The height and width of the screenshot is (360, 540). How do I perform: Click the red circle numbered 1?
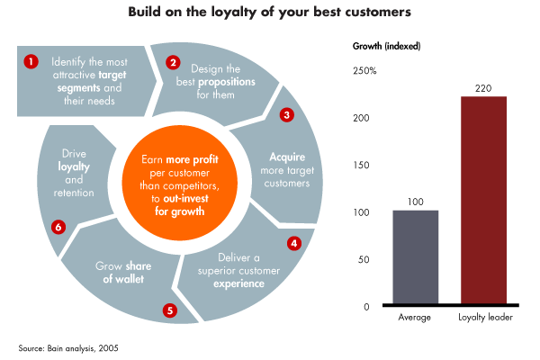pos(31,62)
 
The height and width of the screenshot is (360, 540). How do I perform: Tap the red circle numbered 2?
pos(173,62)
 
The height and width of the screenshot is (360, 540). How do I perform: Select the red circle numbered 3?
pos(287,114)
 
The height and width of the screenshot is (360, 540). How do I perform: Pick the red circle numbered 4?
pos(294,244)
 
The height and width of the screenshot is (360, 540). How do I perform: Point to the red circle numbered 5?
pos(170,310)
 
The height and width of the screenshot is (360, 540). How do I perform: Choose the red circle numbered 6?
pos(58,227)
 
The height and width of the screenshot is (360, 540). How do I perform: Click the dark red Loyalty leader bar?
pos(484,200)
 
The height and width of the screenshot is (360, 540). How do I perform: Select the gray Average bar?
pos(416,257)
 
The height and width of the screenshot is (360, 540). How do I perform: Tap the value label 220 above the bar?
pos(483,88)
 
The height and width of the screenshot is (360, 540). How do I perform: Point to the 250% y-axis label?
pos(364,71)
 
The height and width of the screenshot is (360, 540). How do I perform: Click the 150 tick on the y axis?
pos(361,166)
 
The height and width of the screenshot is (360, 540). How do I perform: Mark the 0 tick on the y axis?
pos(366,307)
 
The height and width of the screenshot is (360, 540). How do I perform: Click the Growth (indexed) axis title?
pos(386,46)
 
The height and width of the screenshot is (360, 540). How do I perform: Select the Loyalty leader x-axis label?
pos(485,318)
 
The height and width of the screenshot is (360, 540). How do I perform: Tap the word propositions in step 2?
pos(227,82)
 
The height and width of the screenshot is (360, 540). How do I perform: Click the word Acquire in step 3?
pos(287,157)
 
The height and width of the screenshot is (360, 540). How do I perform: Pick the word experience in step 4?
pos(238,283)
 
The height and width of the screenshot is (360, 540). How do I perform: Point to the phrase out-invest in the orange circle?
pos(185,198)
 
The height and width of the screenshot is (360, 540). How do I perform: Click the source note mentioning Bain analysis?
pos(68,348)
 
